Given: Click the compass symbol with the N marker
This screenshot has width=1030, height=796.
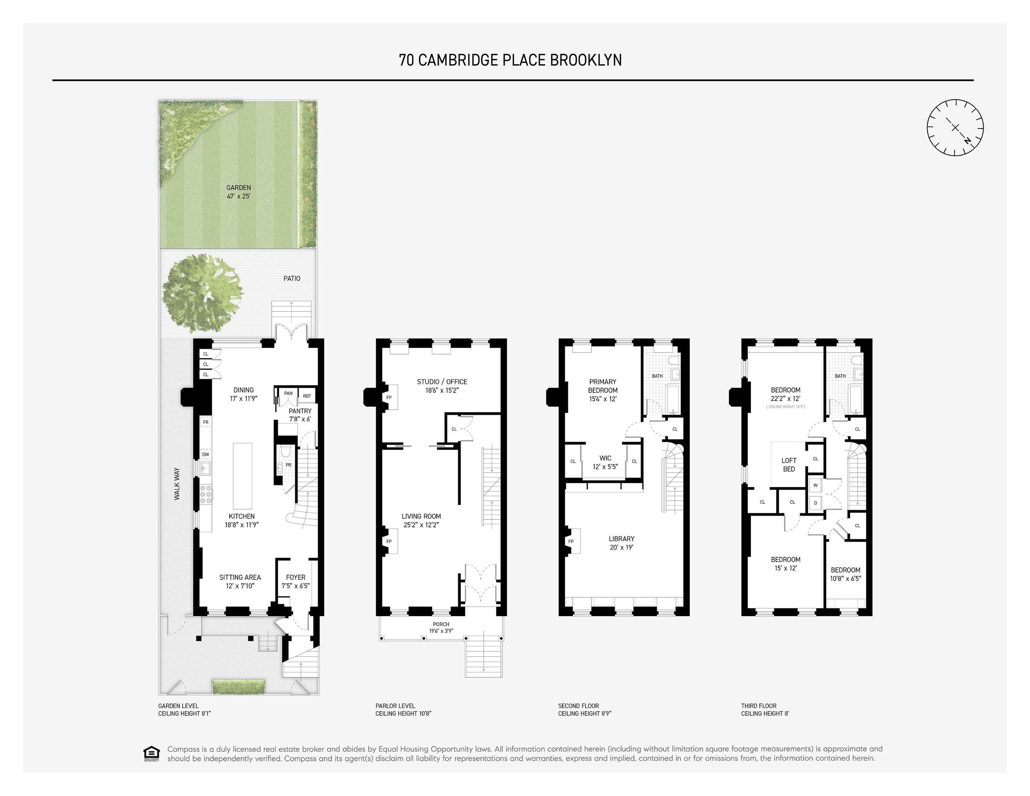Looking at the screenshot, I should (x=955, y=128).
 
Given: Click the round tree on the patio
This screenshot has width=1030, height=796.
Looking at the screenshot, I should (x=203, y=293).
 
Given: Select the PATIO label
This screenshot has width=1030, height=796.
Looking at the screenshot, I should (x=291, y=278).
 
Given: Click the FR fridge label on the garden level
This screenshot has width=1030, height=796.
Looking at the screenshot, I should (x=206, y=422).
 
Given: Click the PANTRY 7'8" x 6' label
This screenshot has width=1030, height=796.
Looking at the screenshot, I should (x=300, y=415).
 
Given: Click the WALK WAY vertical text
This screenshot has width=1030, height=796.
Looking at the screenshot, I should (x=177, y=484).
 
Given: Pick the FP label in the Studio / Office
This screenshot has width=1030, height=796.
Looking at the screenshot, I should (x=389, y=398).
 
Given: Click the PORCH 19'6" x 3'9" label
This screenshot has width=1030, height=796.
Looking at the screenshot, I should (x=441, y=627).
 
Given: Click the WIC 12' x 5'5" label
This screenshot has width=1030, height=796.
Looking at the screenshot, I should (x=605, y=462).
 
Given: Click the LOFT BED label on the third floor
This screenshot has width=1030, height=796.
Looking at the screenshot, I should (x=789, y=464).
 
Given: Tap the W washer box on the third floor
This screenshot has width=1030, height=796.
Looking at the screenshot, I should (x=816, y=485).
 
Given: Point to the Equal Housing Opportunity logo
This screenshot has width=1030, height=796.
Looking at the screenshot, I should (x=151, y=753).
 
